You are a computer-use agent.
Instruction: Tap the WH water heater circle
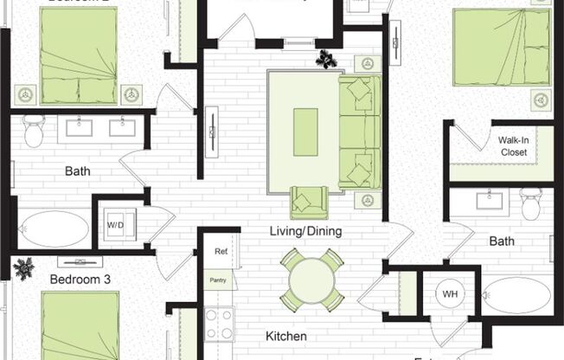pos(448,293)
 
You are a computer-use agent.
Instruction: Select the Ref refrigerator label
pos(221,252)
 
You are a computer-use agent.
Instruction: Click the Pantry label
pos(218,280)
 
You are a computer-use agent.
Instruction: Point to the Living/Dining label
pos(305,231)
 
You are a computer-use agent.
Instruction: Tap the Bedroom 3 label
pos(80,280)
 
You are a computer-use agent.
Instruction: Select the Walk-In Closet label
pos(512,145)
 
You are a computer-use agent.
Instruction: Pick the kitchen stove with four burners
pos(219,324)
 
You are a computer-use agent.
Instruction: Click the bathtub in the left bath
pos(54,229)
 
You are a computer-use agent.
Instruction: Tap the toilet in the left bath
pos(34,131)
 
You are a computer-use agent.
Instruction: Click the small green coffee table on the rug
pos(305,132)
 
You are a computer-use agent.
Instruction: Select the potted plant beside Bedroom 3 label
pos(23,268)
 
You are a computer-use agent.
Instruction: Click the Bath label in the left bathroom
pos(78,171)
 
